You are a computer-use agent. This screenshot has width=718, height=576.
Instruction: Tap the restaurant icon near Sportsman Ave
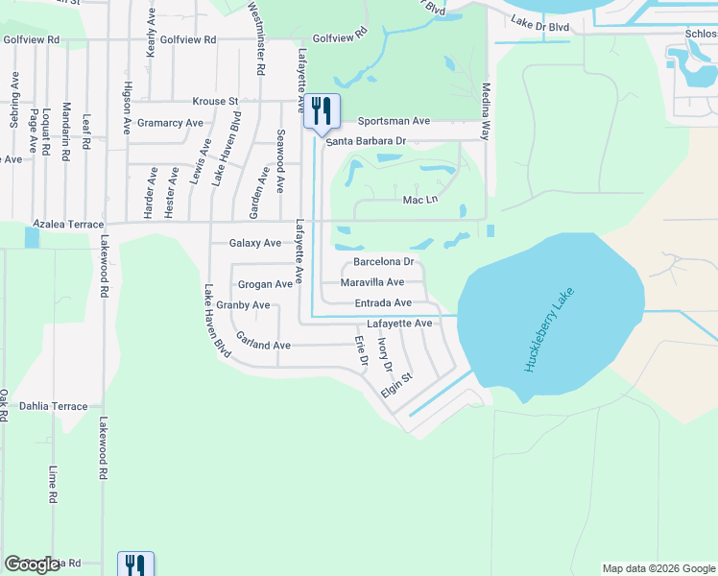coord(322,112)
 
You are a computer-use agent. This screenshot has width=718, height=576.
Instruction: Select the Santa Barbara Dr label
coord(366,141)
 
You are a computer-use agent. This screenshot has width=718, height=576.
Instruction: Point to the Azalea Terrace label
coord(68,224)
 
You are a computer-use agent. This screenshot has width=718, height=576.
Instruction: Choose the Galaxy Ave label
coord(255,243)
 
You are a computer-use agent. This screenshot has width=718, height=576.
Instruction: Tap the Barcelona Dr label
coord(383,261)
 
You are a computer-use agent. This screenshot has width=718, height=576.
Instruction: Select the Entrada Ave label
coord(383,302)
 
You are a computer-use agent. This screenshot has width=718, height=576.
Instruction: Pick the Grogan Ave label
coord(265,284)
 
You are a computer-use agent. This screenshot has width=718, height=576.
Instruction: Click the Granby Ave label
coord(243,305)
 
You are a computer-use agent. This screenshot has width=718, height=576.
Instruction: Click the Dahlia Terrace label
coord(53,406)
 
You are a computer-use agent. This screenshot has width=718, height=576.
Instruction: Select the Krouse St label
coord(215,101)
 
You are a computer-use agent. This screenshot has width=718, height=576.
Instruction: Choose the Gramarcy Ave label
coord(170,123)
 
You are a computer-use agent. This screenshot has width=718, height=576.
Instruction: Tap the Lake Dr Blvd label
coord(540,21)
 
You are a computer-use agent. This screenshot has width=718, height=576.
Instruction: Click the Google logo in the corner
coord(33,564)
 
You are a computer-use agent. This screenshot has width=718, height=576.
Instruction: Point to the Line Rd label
coord(53,486)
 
